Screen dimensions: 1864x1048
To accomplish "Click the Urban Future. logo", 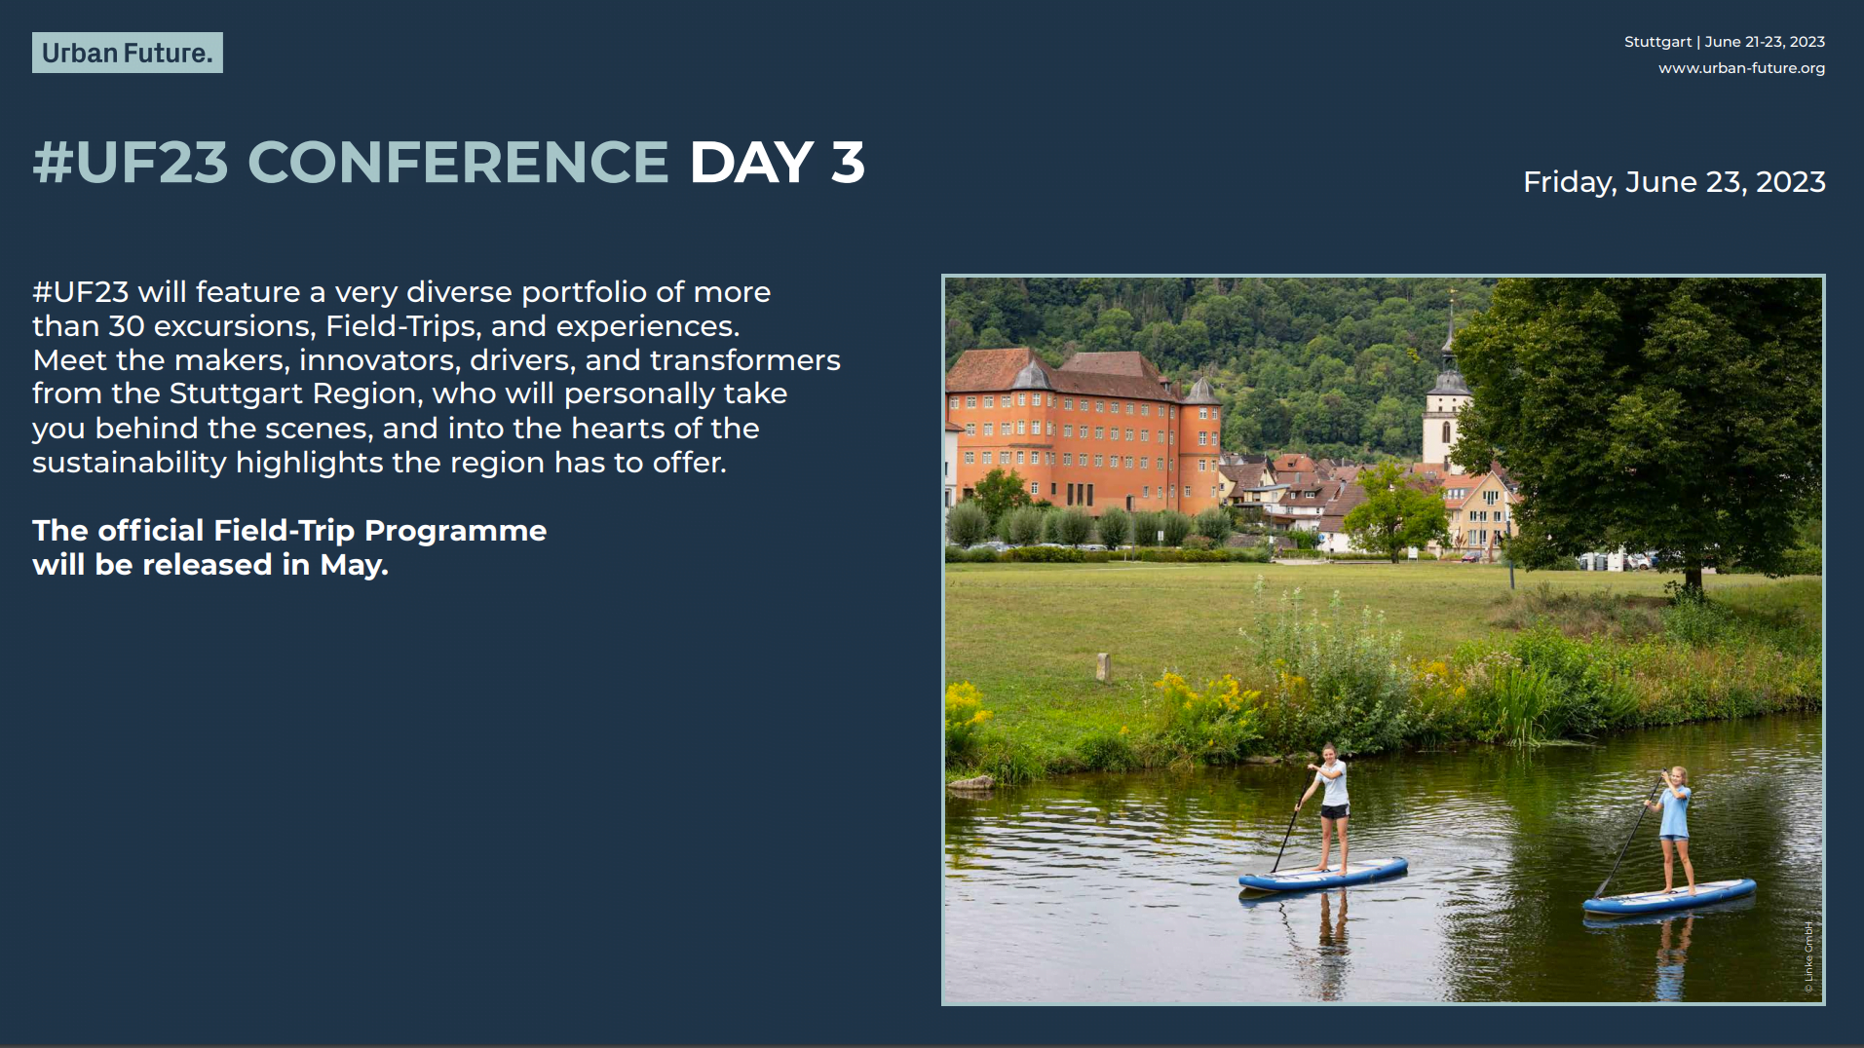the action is [x=128, y=53].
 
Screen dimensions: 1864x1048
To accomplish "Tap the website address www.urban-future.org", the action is [x=1741, y=68].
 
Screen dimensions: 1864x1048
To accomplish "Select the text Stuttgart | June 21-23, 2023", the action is [x=1725, y=42].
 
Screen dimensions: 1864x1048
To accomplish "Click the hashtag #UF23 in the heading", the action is [x=131, y=162].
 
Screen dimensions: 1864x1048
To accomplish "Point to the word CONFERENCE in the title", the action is [x=458, y=162].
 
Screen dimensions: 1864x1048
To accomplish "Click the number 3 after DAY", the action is [x=848, y=162].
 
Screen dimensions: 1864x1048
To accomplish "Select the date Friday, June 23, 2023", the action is [x=1674, y=182].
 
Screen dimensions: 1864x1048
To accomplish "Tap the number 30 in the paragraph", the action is [x=127, y=325].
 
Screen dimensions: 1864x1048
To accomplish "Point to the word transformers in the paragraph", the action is [x=745, y=360].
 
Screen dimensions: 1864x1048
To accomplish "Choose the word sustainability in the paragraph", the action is [x=130, y=463].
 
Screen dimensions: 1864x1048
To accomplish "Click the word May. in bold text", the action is [x=355, y=566].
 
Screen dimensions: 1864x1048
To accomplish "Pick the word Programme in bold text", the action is [x=455, y=531].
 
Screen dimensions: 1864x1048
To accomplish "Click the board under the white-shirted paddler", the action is [x=1323, y=874].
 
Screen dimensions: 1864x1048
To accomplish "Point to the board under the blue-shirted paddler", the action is [x=1669, y=896].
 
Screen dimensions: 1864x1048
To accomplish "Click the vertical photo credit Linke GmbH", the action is [x=1808, y=957].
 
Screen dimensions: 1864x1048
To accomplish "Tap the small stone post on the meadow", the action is [x=1104, y=666].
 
